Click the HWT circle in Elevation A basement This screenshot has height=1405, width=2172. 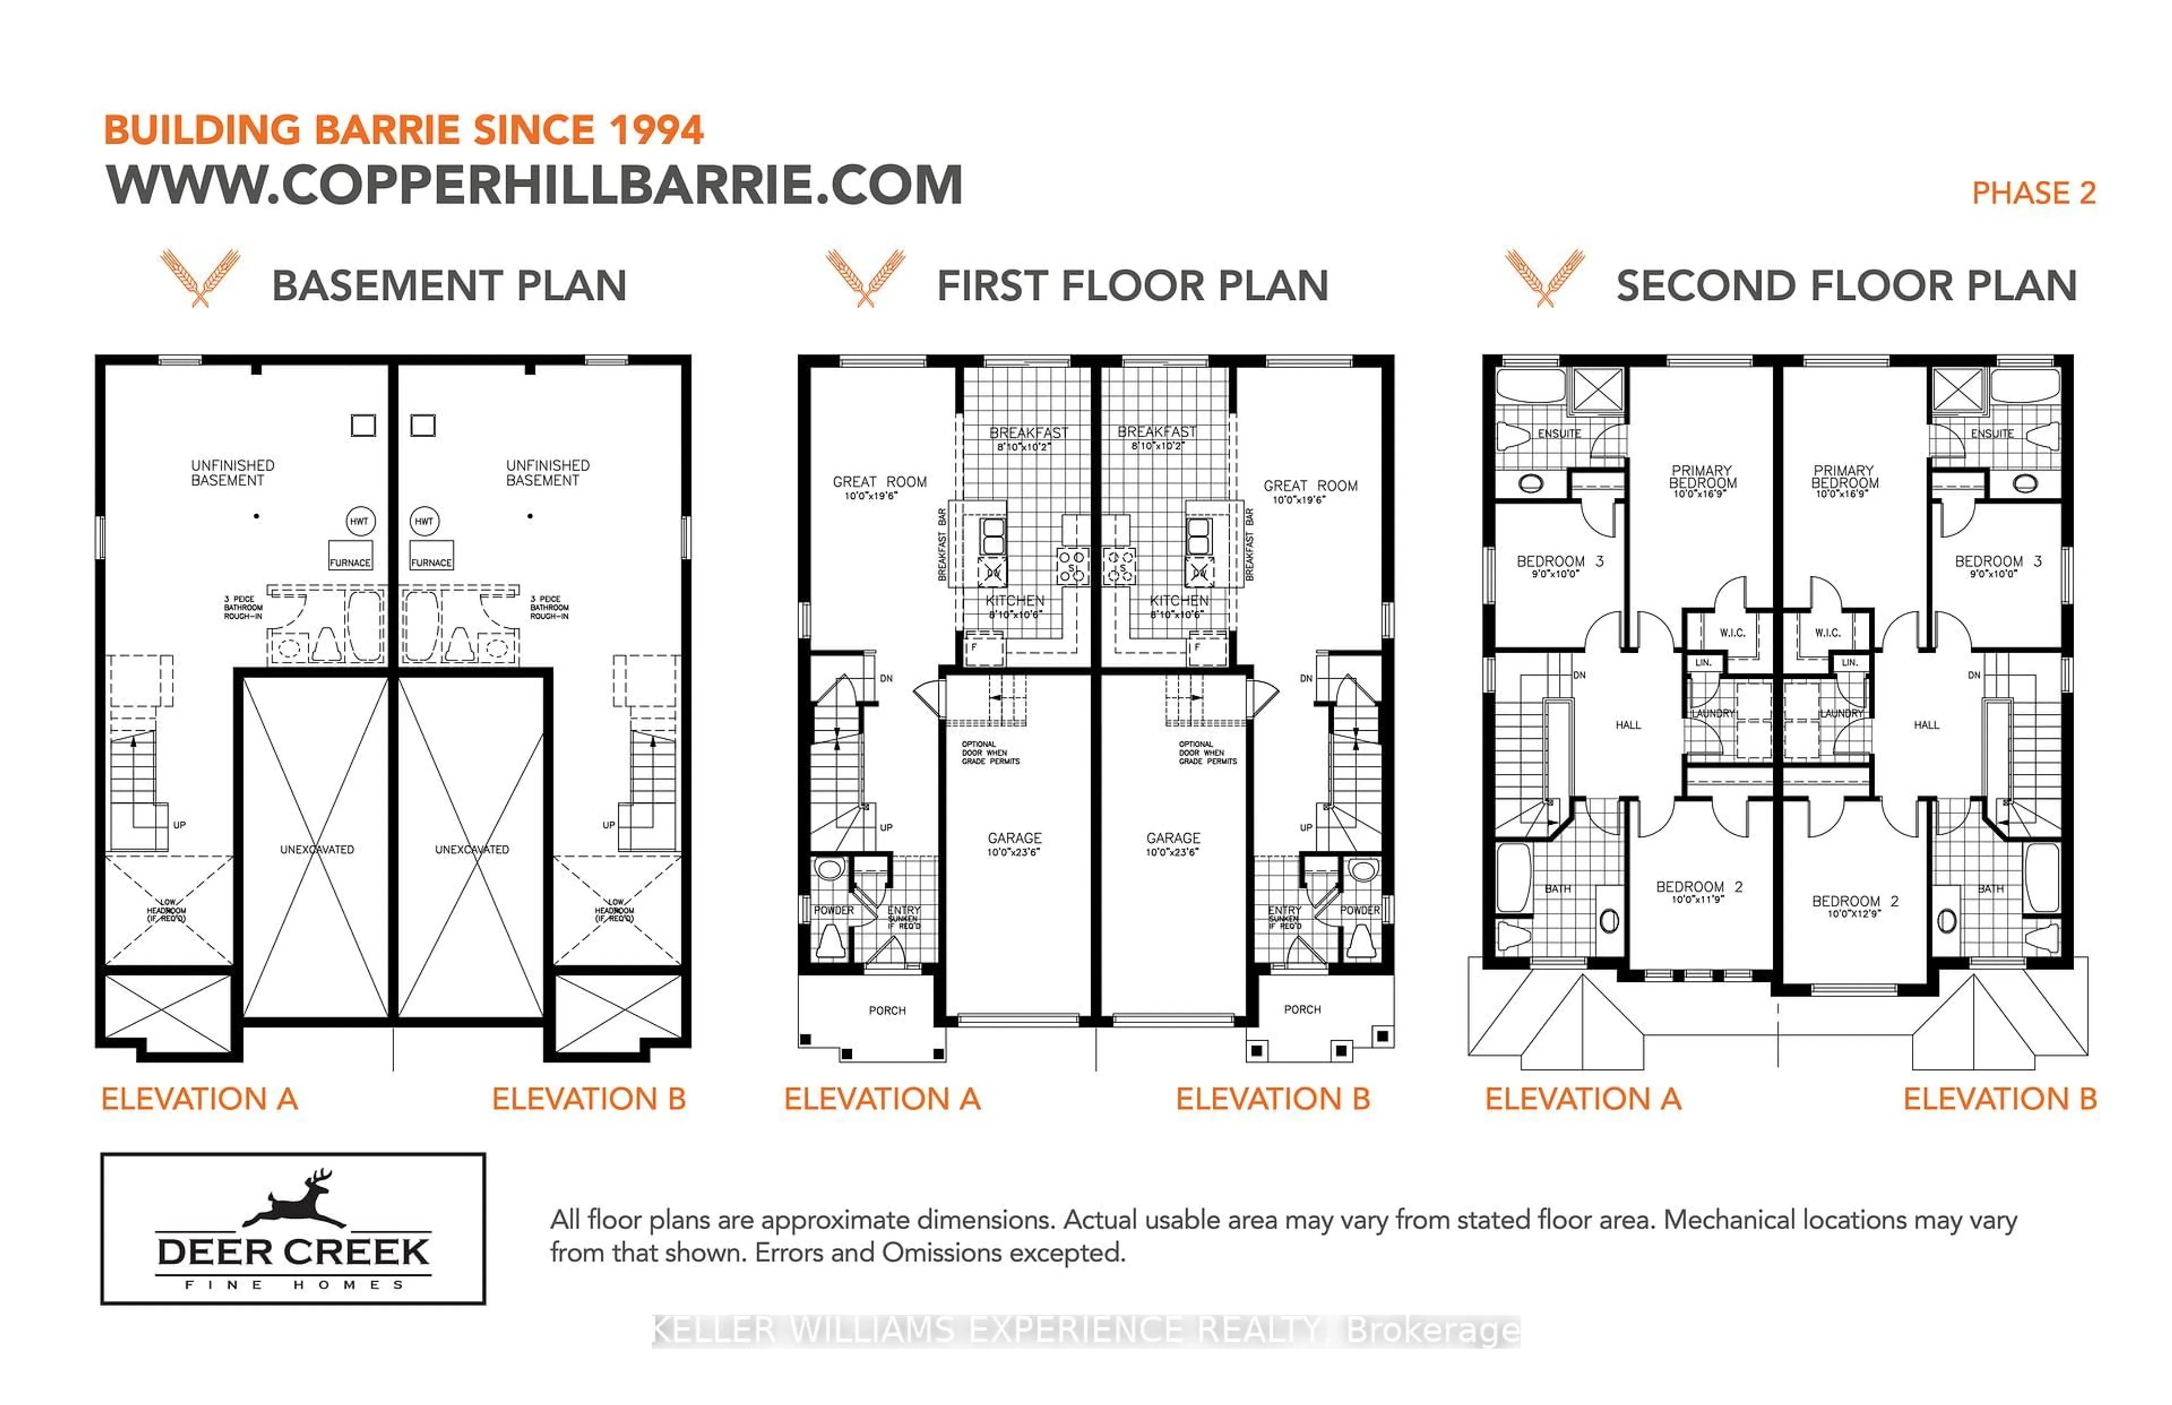[x=359, y=521]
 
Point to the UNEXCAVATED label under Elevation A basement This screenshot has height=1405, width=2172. [x=317, y=850]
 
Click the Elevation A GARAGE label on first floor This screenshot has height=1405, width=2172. [x=1014, y=838]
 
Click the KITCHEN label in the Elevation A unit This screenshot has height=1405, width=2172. [x=1014, y=600]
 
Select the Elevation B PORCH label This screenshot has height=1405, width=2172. [x=1302, y=1009]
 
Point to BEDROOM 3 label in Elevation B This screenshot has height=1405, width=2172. [x=1997, y=561]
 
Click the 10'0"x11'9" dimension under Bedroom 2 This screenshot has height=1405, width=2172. [x=1697, y=899]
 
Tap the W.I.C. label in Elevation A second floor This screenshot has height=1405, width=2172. [x=1731, y=632]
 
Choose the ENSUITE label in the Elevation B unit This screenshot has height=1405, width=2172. [x=1992, y=433]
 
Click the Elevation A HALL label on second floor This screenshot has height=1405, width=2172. [x=1627, y=725]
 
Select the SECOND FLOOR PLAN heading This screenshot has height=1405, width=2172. [x=1846, y=286]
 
